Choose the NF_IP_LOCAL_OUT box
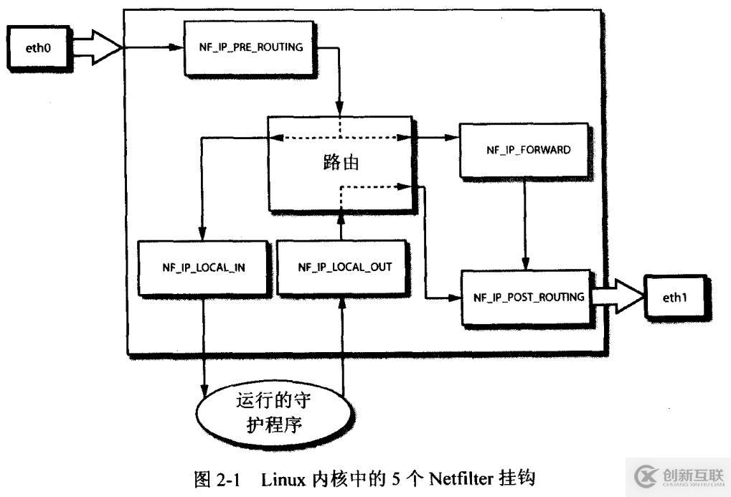coord(343,266)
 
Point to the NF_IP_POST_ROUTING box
coord(528,297)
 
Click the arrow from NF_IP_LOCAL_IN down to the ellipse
coord(204,344)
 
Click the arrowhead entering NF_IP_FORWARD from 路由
coord(453,137)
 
